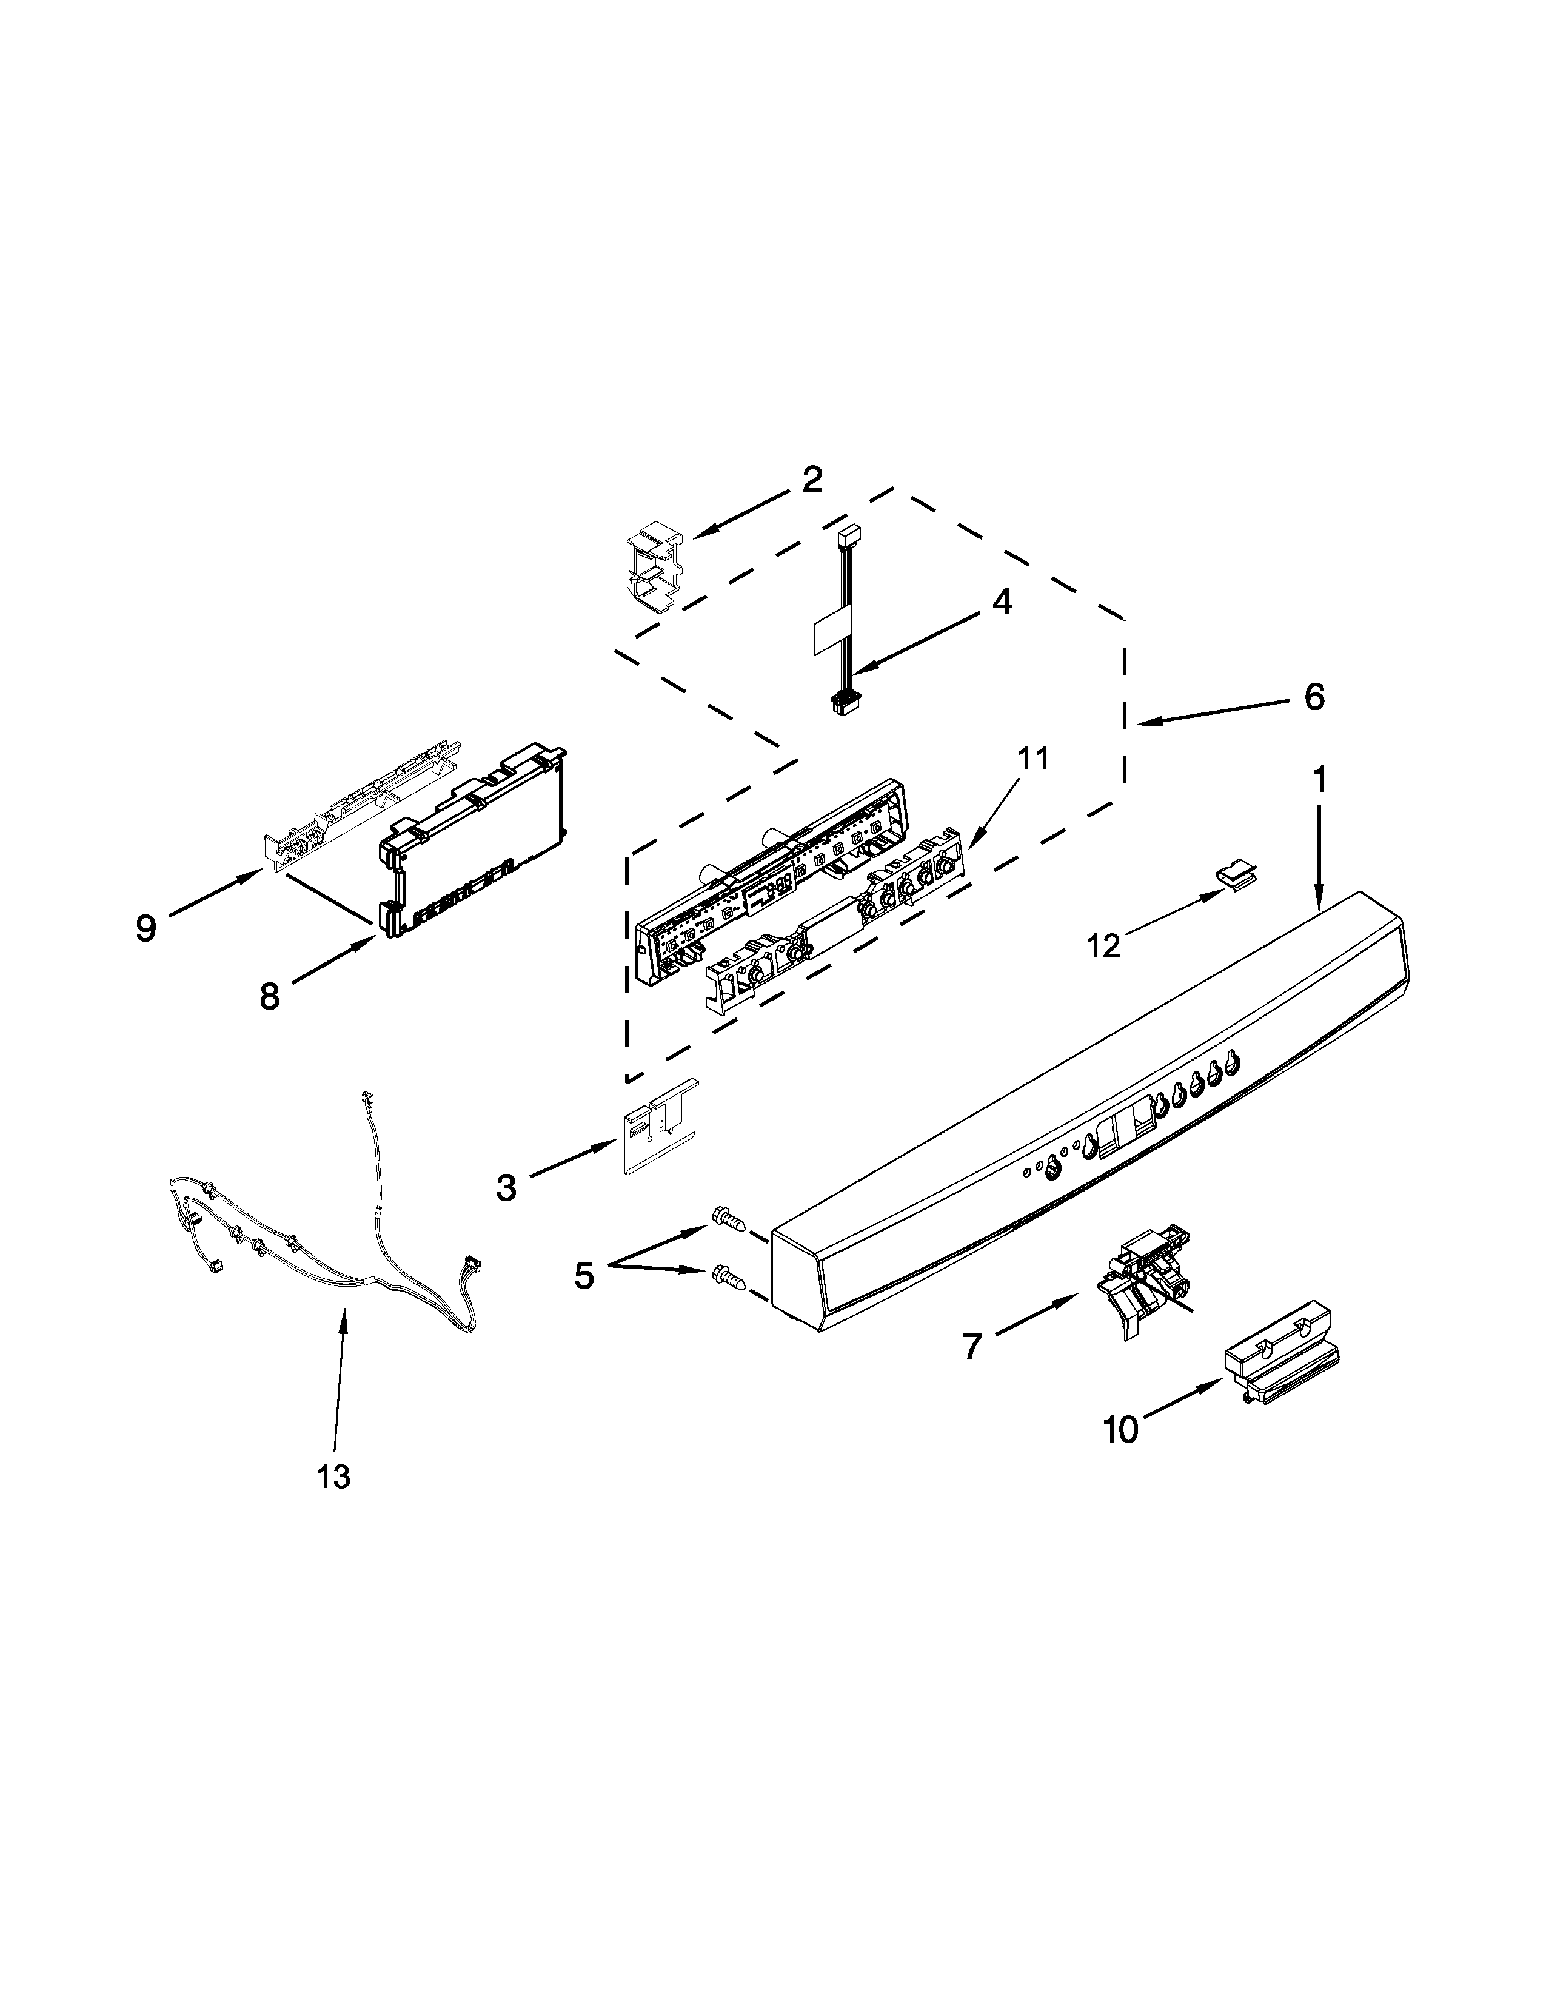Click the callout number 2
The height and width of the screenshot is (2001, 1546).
[x=811, y=479]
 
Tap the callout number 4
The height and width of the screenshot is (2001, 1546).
[x=1002, y=602]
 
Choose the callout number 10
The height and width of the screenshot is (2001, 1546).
[x=1120, y=1429]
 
